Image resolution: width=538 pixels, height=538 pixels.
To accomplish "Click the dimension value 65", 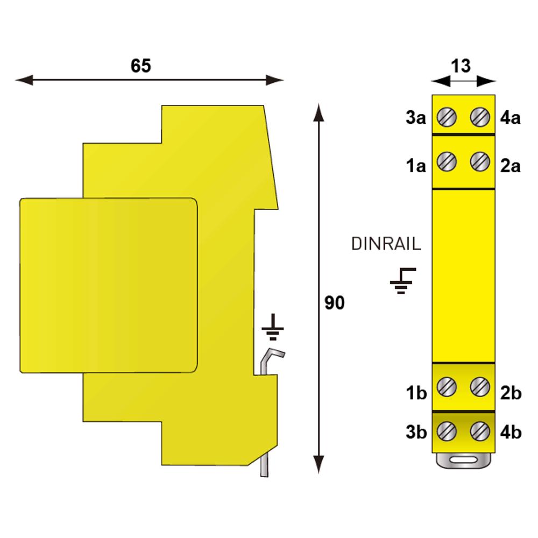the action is [x=140, y=66].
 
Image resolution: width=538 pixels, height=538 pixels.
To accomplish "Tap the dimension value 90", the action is [x=335, y=303].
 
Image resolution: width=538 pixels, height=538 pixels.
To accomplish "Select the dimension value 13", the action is [x=461, y=66].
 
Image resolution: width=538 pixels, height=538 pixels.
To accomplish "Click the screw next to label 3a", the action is [x=447, y=117].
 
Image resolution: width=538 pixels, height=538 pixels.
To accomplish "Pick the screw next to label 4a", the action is [x=480, y=117].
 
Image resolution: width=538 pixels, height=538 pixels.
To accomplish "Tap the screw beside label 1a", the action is [x=447, y=161].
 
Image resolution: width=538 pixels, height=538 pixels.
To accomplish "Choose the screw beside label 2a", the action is [x=480, y=161].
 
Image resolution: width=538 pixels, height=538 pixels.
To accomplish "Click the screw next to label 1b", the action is [x=447, y=387].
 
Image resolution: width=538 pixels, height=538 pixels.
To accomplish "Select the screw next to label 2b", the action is [x=480, y=387].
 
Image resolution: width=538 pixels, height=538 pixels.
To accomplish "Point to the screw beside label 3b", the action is [x=447, y=431].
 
